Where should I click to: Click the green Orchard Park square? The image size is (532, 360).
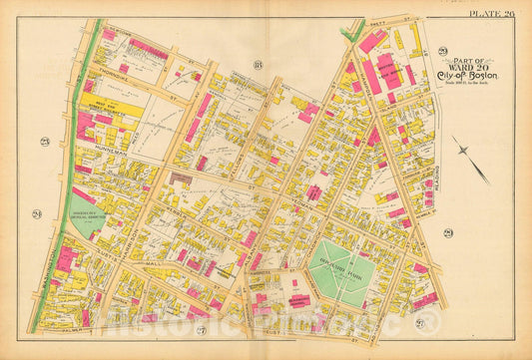tap(340, 271)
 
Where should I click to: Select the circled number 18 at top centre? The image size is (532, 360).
tap(257, 66)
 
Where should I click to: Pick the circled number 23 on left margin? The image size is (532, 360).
tap(45, 141)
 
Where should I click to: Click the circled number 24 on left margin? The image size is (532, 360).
tap(36, 212)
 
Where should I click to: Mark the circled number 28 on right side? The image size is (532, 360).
tap(447, 232)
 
